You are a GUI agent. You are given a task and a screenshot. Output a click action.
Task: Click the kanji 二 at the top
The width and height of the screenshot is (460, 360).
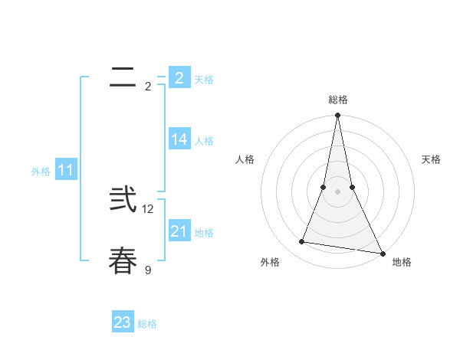pyautogui.click(x=123, y=77)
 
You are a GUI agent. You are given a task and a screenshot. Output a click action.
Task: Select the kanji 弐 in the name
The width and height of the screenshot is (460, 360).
pyautogui.click(x=123, y=200)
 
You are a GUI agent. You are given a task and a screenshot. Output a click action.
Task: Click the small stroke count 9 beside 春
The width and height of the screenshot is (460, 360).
pyautogui.click(x=148, y=269)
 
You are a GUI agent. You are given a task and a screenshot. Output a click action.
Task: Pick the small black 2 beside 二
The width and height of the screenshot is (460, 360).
pyautogui.click(x=148, y=86)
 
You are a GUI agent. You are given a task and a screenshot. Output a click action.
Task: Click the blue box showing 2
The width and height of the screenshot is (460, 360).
pyautogui.click(x=179, y=78)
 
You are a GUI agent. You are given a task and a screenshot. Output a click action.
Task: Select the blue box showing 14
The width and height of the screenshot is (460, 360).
pyautogui.click(x=179, y=139)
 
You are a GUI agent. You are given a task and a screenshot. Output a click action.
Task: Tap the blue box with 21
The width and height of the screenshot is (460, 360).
pyautogui.click(x=179, y=231)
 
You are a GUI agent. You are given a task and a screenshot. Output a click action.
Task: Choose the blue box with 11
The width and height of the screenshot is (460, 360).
pyautogui.click(x=66, y=170)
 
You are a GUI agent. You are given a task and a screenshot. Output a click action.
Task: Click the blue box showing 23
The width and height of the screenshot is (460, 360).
pyautogui.click(x=123, y=322)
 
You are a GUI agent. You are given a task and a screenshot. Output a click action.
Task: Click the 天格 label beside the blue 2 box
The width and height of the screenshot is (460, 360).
pyautogui.click(x=204, y=80)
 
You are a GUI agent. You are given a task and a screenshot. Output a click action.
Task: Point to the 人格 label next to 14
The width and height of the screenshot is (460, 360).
pyautogui.click(x=204, y=141)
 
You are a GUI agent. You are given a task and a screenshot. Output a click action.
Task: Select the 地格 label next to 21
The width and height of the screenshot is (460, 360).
pyautogui.click(x=204, y=233)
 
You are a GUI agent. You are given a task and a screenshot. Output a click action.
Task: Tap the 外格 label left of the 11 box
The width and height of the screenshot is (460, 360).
pyautogui.click(x=41, y=172)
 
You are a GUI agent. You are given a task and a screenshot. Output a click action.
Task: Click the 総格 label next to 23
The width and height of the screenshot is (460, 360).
pyautogui.click(x=147, y=324)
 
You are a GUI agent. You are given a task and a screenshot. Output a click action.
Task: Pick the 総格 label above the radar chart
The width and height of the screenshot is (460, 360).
pyautogui.click(x=338, y=100)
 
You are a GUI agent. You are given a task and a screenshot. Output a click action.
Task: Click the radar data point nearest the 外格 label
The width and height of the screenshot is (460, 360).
pyautogui.click(x=302, y=242)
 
